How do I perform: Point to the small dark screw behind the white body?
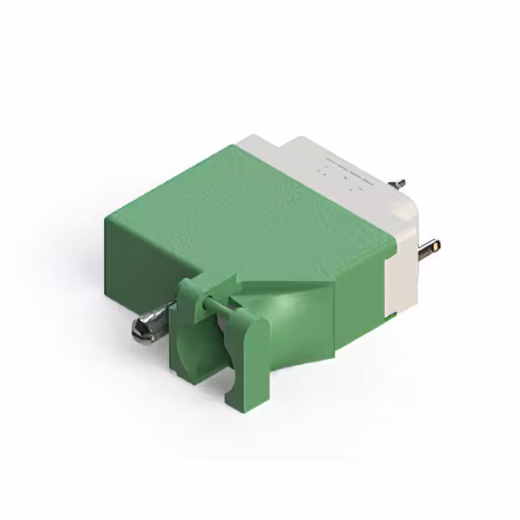click(x=401, y=184)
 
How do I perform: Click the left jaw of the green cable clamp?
click(x=189, y=333)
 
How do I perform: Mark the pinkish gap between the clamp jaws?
click(x=231, y=305)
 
